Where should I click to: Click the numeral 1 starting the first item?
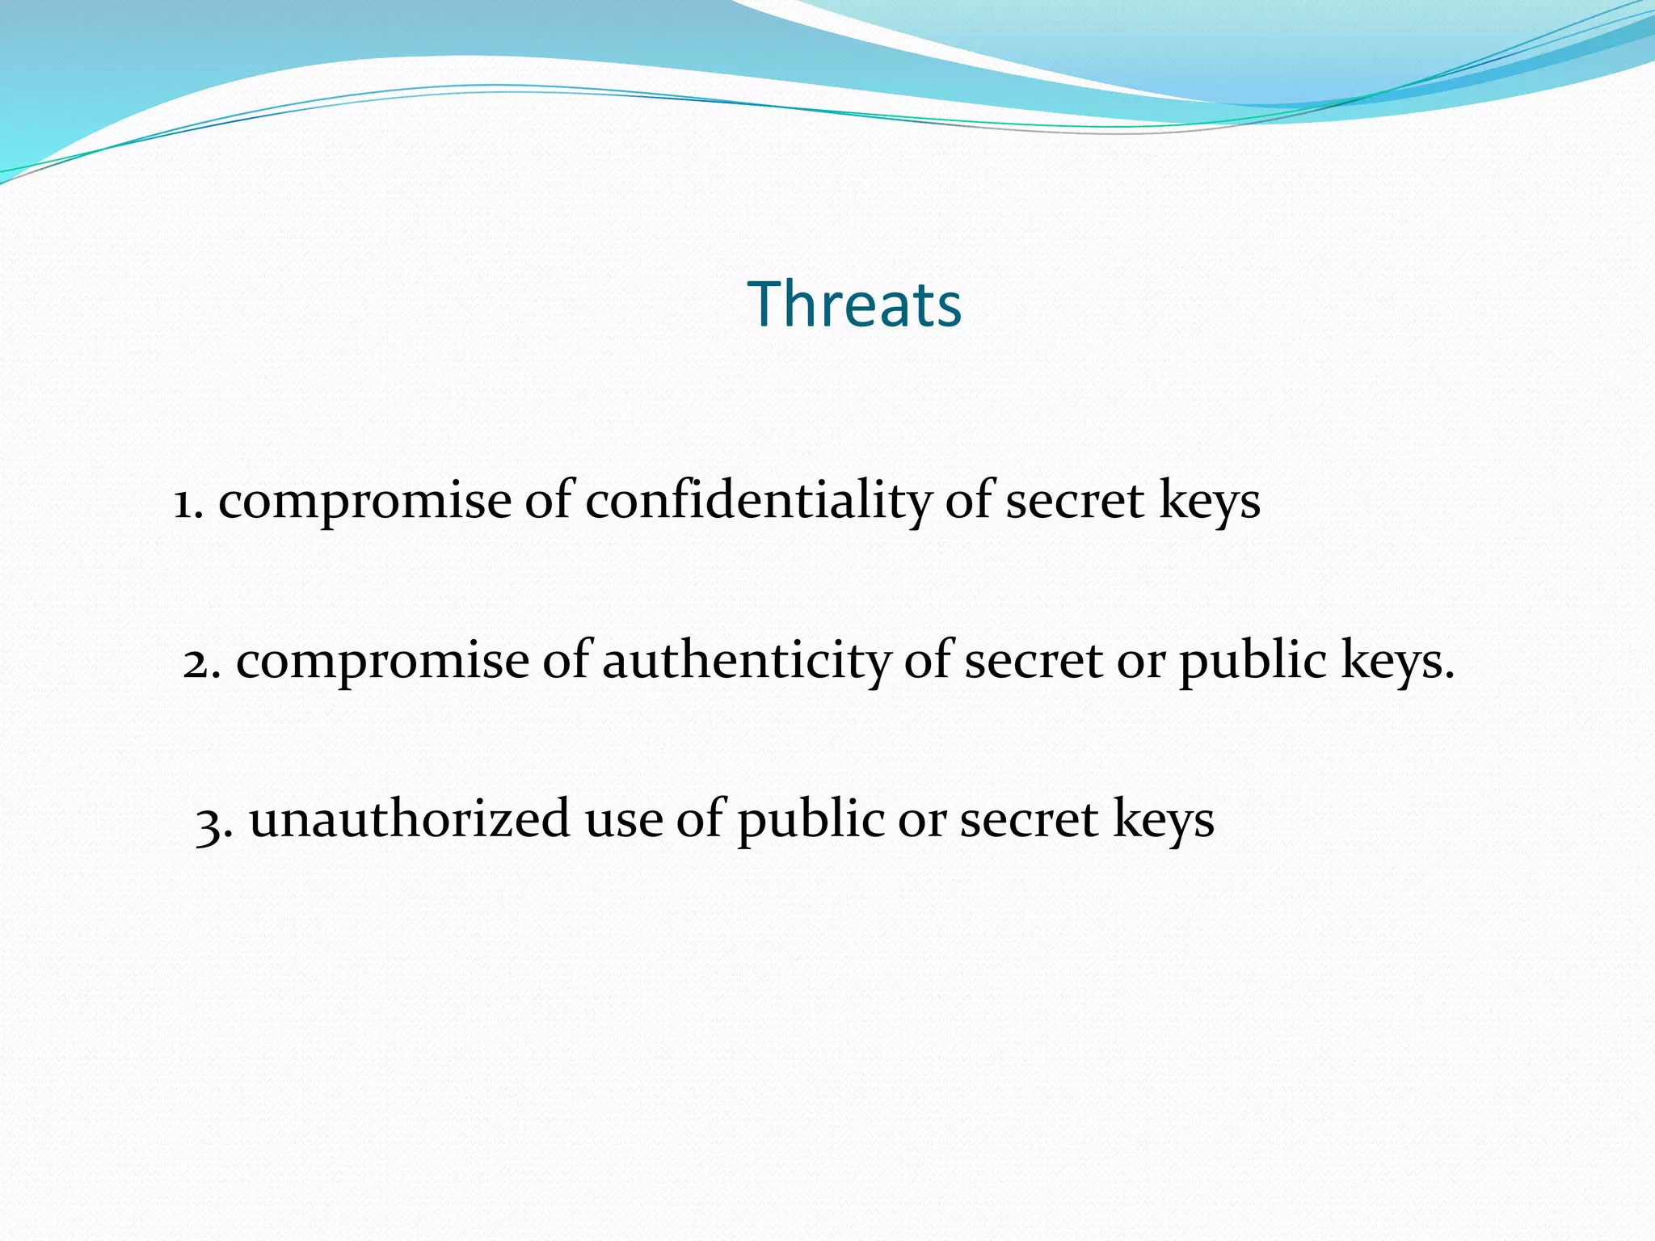pyautogui.click(x=184, y=503)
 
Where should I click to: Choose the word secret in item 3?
pyautogui.click(x=1029, y=819)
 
